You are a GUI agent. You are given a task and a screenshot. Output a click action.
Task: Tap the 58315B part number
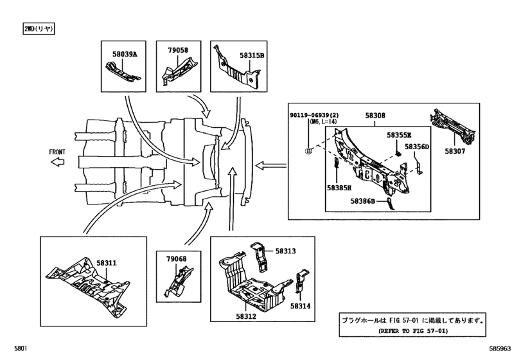(252, 56)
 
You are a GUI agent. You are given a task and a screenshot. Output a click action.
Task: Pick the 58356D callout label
(416, 147)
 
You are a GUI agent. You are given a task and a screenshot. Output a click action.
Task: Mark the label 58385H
(339, 188)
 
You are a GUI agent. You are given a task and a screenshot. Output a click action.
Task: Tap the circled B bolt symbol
(308, 150)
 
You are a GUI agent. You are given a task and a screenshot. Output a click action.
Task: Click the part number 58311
(107, 263)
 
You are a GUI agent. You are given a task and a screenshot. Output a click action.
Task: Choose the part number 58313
(286, 251)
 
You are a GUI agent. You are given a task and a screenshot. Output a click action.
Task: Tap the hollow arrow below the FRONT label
(57, 163)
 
